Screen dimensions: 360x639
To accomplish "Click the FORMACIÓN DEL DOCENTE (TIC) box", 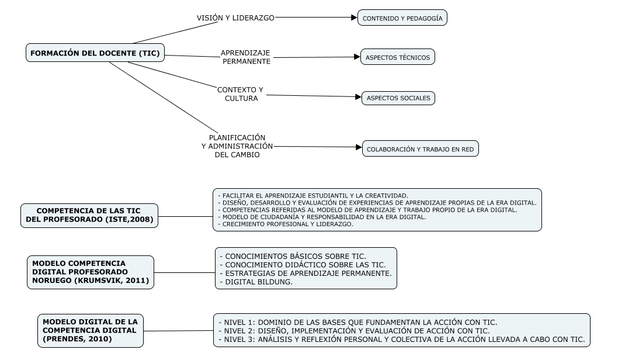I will [x=95, y=53].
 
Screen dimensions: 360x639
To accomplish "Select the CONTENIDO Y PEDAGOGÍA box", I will [x=402, y=18].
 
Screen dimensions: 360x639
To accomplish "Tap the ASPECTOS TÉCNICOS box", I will [x=397, y=57].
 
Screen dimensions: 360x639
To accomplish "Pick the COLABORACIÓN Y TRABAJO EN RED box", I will [x=420, y=150].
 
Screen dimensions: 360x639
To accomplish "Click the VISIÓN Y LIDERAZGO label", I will [x=235, y=18].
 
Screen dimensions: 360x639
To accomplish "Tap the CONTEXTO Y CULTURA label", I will [x=241, y=94].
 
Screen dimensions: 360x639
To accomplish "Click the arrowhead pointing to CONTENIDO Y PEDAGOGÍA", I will [x=354, y=18].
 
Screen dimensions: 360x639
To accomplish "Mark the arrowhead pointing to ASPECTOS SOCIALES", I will [x=357, y=97].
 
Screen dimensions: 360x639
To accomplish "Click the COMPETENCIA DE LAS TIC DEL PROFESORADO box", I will [x=89, y=215].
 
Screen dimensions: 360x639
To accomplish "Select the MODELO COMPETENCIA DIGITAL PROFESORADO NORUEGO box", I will [x=91, y=272].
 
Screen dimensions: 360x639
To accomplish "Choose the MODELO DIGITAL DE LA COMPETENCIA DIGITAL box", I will [x=91, y=330].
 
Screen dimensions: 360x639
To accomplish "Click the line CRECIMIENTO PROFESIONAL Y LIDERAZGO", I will [x=285, y=224].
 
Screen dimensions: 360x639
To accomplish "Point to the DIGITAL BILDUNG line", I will [x=256, y=282].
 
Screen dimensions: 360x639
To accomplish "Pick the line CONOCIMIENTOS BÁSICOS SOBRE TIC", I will [x=292, y=256].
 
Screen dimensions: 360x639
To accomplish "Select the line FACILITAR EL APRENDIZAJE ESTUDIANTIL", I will [x=312, y=195].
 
